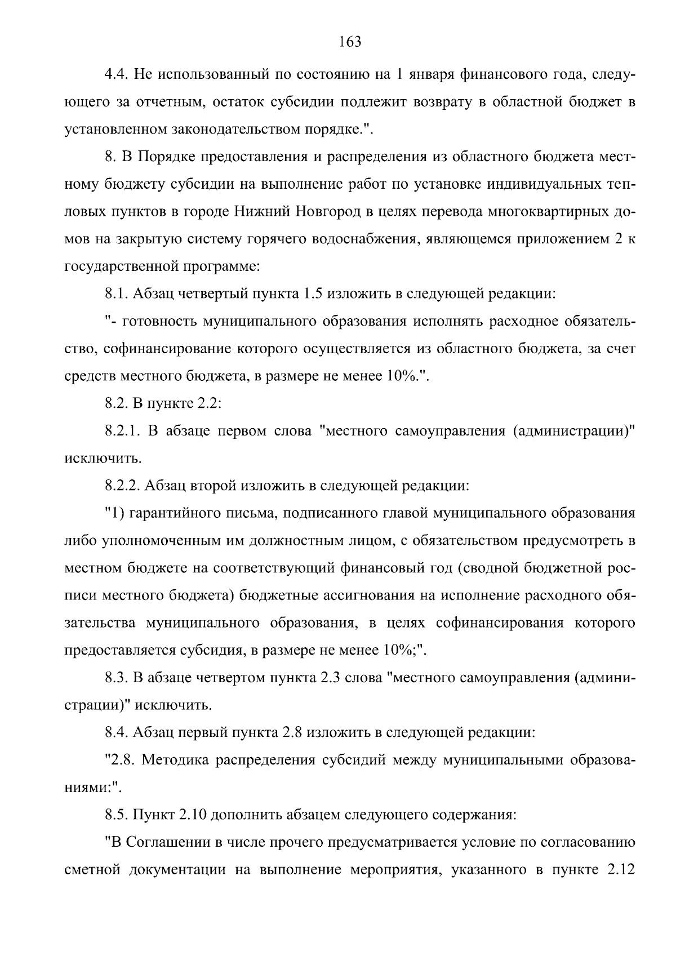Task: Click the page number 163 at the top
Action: (x=350, y=42)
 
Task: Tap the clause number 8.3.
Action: (x=116, y=678)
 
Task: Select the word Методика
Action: (x=172, y=761)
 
